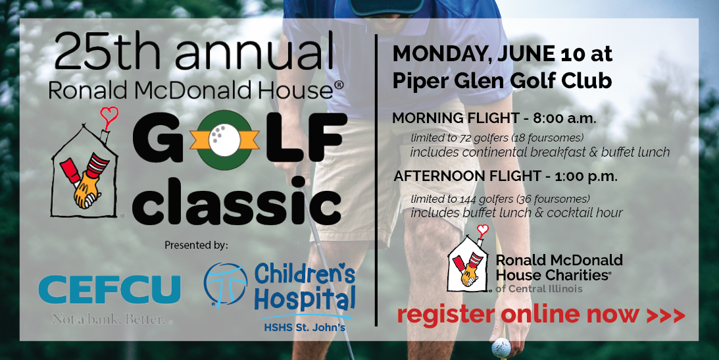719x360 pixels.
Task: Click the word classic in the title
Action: tap(237, 203)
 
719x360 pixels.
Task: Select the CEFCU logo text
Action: tap(109, 290)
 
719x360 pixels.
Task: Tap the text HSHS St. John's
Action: tap(304, 328)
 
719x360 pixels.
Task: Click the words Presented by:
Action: tap(196, 245)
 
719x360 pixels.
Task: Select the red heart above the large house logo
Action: tap(109, 116)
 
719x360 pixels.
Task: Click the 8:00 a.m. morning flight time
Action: tap(564, 118)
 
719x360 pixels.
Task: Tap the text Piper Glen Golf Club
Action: tap(502, 81)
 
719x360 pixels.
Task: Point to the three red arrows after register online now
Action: tap(665, 315)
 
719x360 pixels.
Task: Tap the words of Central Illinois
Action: tap(539, 288)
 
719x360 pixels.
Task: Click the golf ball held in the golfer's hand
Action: tap(501, 347)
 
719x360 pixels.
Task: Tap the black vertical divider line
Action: tap(376, 180)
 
